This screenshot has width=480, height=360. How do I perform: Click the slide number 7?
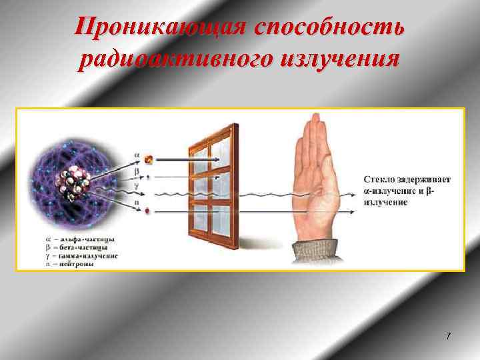click(x=448, y=336)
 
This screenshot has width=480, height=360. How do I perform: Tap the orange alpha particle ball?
click(x=149, y=159)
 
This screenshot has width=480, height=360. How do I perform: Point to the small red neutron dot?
click(x=147, y=211)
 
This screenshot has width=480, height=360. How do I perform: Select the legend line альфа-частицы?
click(x=75, y=238)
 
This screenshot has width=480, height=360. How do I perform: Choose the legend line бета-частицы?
click(x=75, y=247)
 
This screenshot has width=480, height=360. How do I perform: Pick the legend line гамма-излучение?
click(x=79, y=255)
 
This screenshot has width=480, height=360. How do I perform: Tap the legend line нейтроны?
click(x=70, y=263)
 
